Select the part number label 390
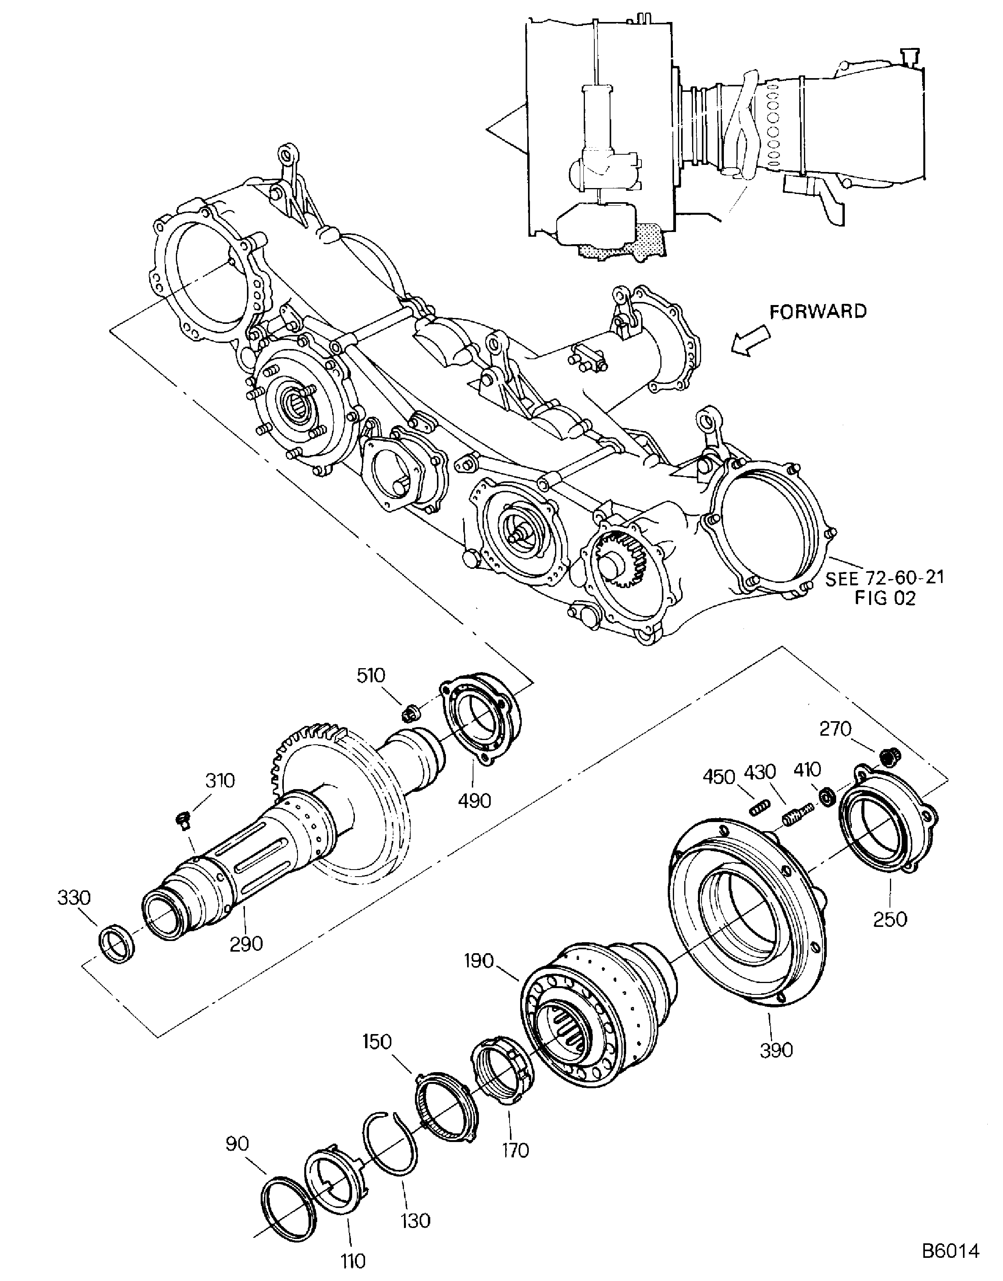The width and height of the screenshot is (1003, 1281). click(x=776, y=1050)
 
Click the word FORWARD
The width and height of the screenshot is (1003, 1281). click(x=818, y=311)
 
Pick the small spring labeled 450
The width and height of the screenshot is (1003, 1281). click(x=759, y=810)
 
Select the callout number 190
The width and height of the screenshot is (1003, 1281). click(x=479, y=961)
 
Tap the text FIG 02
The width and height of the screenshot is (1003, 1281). click(x=884, y=599)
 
